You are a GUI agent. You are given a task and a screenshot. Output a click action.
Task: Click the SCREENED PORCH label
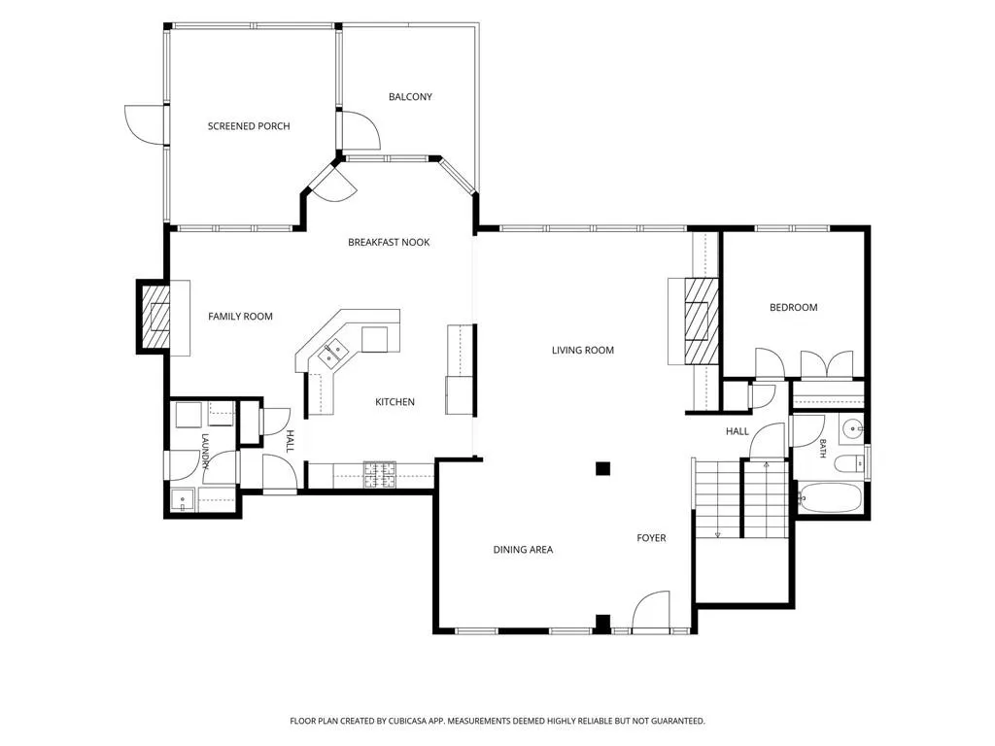249,126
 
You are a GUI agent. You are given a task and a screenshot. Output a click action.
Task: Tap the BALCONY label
410,97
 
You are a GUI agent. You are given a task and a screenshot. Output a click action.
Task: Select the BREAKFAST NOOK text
389,242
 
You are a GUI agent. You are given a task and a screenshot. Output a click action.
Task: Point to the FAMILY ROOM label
241,317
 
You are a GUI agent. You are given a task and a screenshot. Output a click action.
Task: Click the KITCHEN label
395,402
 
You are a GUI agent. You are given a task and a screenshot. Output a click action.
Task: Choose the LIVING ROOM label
583,350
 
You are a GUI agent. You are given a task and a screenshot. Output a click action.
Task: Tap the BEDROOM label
793,308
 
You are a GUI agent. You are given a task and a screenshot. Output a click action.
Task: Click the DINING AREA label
523,550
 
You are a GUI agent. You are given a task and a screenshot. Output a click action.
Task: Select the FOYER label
651,538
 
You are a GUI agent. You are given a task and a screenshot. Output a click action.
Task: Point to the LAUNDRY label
205,451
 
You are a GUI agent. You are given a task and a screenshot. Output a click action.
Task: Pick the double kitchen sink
333,353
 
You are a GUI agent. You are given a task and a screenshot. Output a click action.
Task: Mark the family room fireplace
154,318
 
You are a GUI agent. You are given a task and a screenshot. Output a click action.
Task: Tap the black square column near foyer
602,469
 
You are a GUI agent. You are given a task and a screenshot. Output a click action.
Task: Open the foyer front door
652,612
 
